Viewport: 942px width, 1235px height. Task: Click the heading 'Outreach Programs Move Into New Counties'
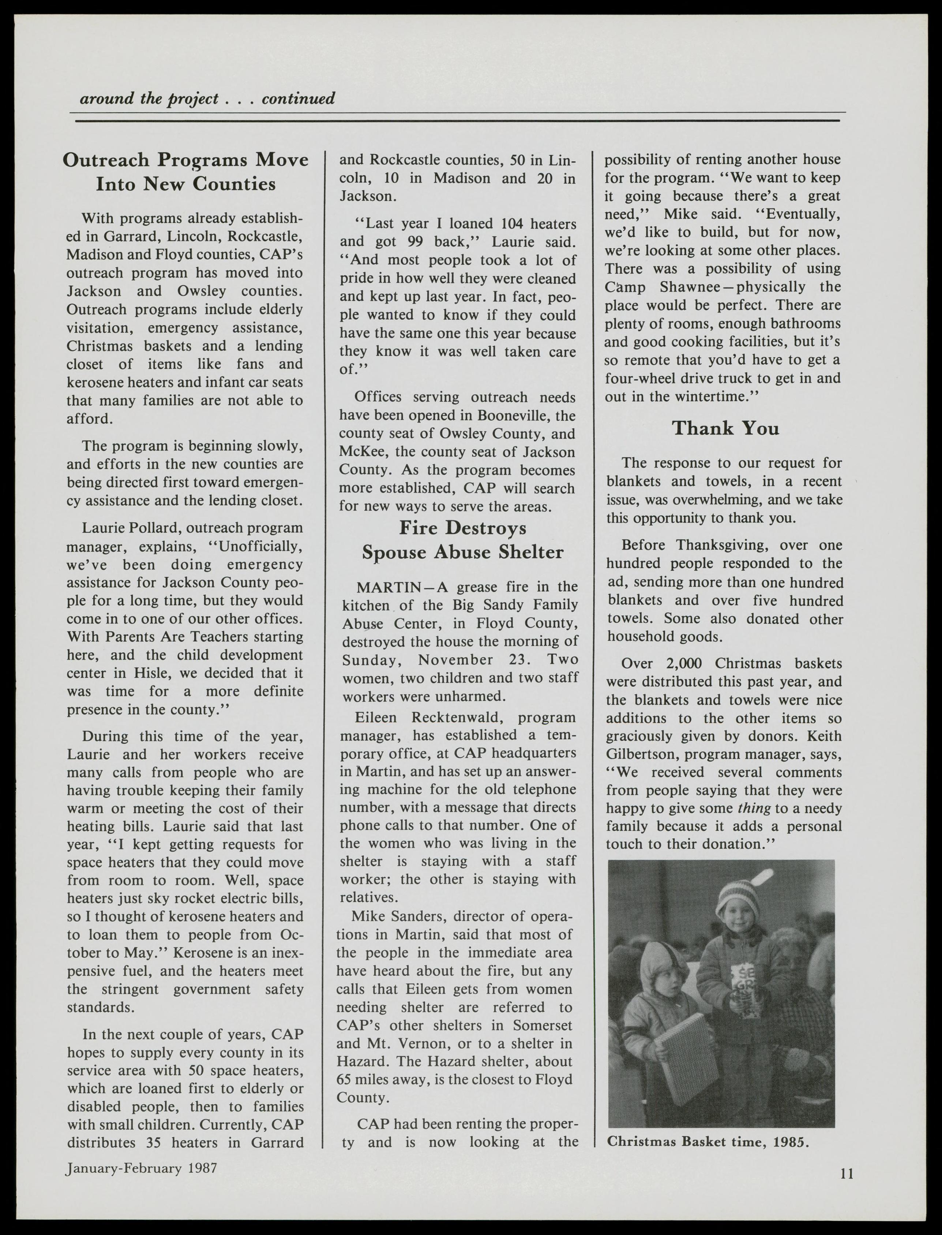[x=185, y=172]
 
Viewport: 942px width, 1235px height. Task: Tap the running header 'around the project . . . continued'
[x=207, y=99]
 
